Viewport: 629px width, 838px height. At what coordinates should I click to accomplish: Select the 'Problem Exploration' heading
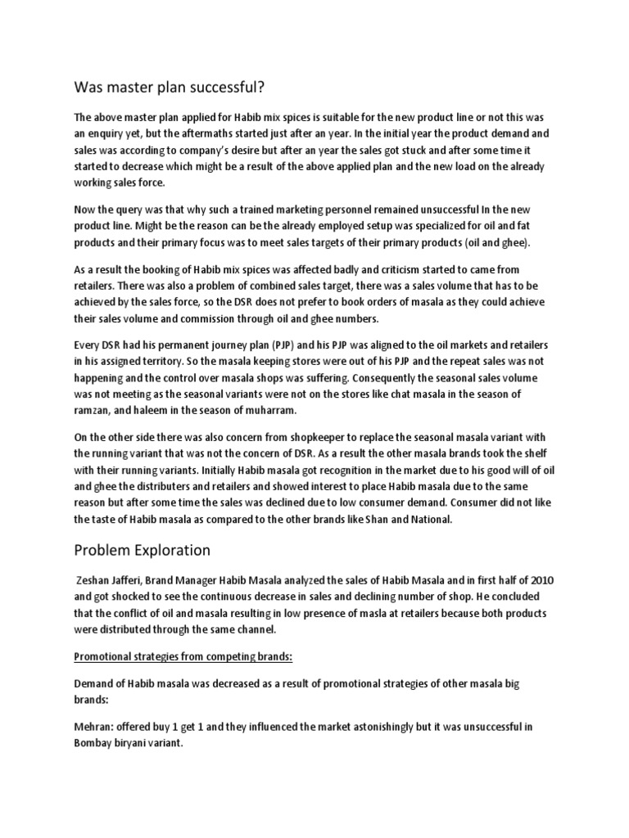pos(144,549)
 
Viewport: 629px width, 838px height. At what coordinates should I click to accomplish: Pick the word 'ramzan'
pos(94,409)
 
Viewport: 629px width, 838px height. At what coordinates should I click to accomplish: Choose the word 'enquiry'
pos(111,133)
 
